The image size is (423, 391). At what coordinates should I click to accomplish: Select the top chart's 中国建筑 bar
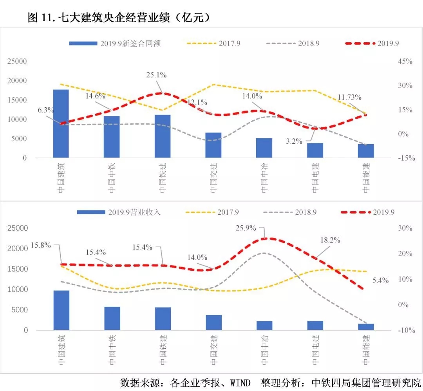(x=61, y=124)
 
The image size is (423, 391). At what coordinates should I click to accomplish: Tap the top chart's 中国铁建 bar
(x=163, y=136)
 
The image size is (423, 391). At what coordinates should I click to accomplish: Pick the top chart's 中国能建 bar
(x=366, y=151)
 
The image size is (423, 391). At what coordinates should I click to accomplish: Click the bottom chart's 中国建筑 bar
(x=61, y=310)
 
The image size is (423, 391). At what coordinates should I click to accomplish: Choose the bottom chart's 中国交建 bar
(x=213, y=322)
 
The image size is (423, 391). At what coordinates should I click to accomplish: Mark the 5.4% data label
(x=380, y=280)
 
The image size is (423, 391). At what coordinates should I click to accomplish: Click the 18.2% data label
(x=330, y=240)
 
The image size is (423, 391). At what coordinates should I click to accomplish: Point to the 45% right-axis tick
(x=405, y=62)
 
